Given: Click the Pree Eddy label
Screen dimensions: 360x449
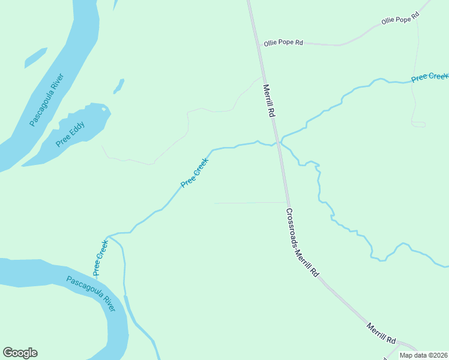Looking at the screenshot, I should pos(70,134).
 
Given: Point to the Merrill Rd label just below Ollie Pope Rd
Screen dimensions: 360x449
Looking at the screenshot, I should pos(268,100).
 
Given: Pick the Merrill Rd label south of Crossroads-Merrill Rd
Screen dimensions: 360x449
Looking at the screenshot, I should pos(381,331).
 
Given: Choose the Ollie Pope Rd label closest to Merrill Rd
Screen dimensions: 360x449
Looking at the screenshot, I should pos(283,44).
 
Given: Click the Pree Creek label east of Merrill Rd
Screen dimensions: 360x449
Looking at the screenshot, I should pos(429,77).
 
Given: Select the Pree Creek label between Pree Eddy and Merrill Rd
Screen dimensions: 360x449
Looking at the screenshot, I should pos(195,173).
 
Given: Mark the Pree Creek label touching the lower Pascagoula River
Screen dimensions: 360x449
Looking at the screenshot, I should pos(100,257).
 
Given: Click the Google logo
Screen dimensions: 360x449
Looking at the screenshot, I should pos(20,353).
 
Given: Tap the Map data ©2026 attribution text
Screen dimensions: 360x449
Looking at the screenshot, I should pos(423,355).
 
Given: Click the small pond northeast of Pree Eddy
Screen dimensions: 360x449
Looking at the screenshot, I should pos(118,86).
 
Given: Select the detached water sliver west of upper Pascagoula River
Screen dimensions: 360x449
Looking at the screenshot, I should pos(35,58).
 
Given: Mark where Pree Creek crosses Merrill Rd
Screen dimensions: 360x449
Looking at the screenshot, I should pos(277,143).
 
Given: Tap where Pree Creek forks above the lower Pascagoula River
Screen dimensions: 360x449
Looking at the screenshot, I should pos(109,236).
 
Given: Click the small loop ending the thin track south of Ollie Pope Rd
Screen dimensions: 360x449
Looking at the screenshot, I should pos(418,124).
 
